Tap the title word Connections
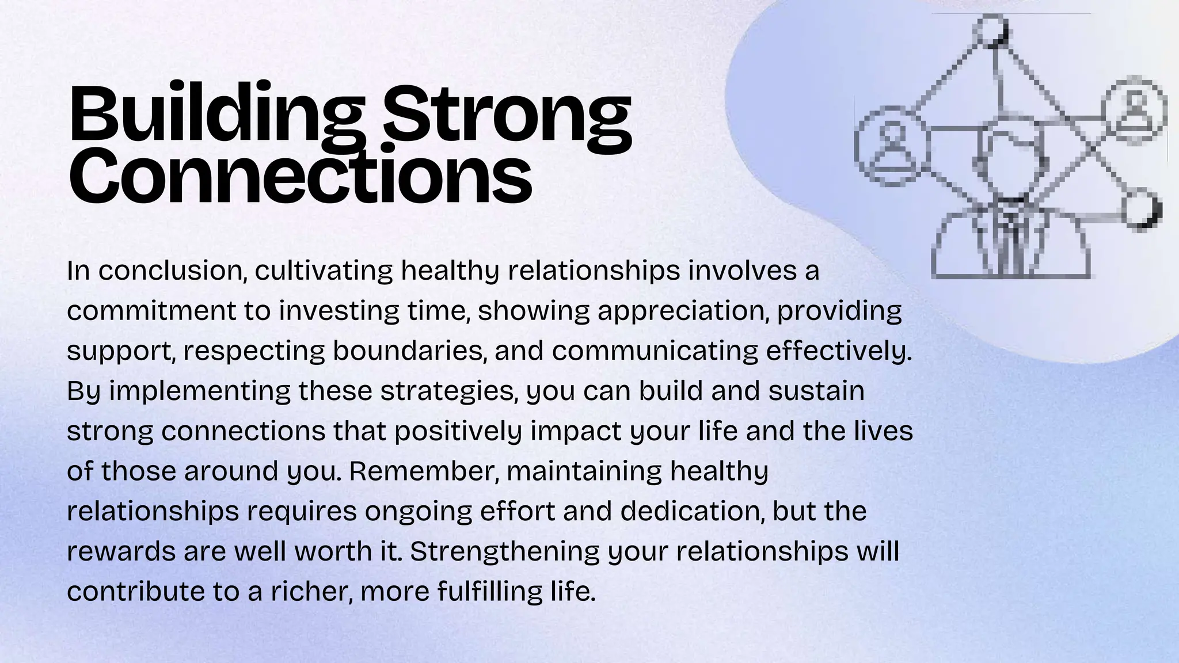point(300,174)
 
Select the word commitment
point(151,311)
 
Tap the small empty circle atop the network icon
point(991,31)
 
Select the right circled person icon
point(1134,109)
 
